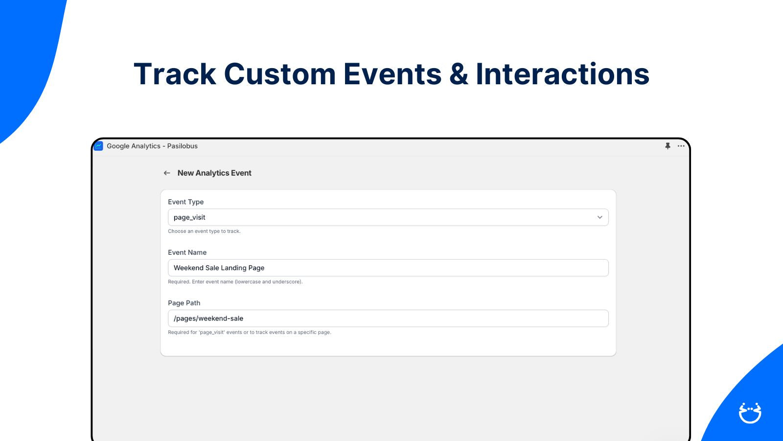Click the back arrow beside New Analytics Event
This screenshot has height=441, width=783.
point(167,173)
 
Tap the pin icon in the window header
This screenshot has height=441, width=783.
point(668,146)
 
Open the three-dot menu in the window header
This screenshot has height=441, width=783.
point(681,146)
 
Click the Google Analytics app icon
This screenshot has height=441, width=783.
point(98,146)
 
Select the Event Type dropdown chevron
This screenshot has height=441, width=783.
point(600,218)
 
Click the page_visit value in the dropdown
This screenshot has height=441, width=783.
point(189,218)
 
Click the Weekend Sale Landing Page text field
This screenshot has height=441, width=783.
point(388,268)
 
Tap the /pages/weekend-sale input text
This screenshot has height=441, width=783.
point(208,318)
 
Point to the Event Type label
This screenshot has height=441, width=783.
point(185,202)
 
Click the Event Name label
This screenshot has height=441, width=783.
point(187,252)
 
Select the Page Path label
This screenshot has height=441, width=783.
point(184,303)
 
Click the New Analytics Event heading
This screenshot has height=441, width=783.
point(214,173)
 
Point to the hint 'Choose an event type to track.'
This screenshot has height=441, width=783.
point(204,231)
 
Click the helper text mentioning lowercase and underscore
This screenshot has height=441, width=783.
point(235,281)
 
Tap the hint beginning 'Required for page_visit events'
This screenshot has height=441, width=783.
point(249,332)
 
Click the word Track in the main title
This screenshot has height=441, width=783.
point(175,74)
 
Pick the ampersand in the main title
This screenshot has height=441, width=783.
point(459,74)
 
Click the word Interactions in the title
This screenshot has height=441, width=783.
point(562,74)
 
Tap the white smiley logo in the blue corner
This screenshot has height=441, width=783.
point(750,413)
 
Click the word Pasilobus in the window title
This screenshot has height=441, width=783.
point(182,146)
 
